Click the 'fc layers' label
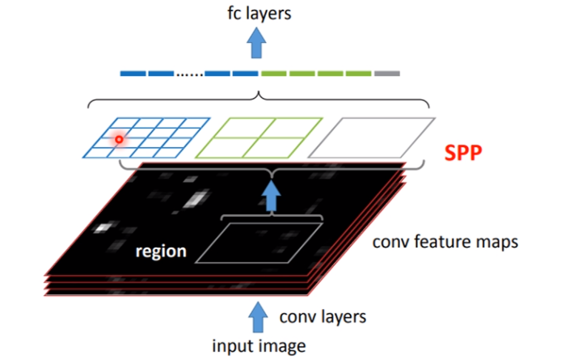tap(259, 13)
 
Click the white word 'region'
tap(162, 252)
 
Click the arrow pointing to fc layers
tap(259, 44)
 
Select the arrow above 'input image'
tap(259, 315)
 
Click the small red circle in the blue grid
tap(118, 139)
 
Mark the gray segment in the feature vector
tap(387, 74)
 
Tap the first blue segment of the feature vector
tap(132, 74)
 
